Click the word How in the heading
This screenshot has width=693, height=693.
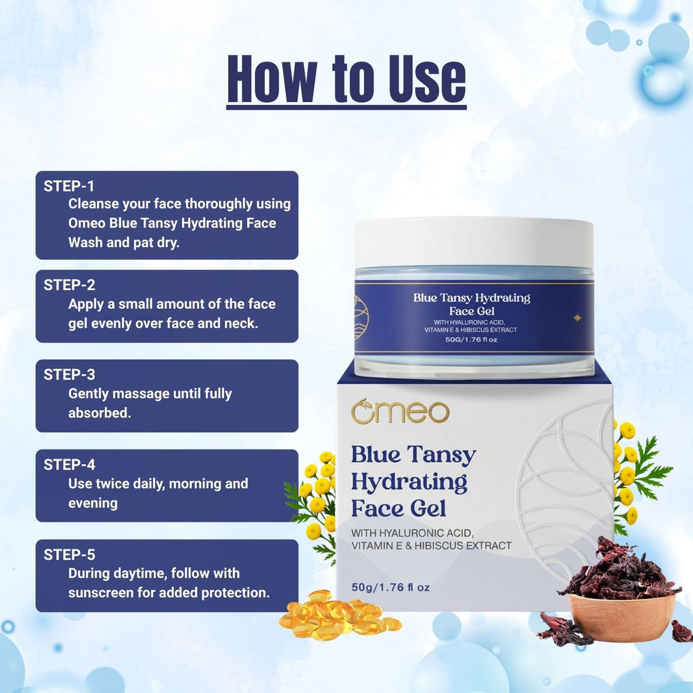point(272,79)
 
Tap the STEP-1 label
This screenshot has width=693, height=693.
point(69,186)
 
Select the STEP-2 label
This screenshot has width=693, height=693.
point(69,285)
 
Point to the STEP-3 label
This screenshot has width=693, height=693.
point(69,375)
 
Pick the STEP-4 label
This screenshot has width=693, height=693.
point(69,464)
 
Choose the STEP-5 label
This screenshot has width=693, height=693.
point(69,555)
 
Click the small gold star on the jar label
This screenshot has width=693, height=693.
point(577,317)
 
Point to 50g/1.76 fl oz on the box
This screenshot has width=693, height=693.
point(390,587)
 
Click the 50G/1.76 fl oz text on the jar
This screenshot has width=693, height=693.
point(471,340)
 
